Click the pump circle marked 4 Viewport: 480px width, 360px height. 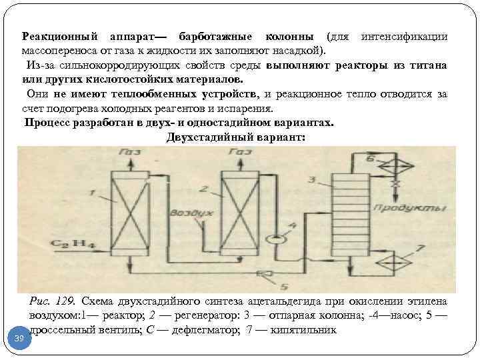273,239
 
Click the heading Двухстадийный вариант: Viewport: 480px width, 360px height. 234,138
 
